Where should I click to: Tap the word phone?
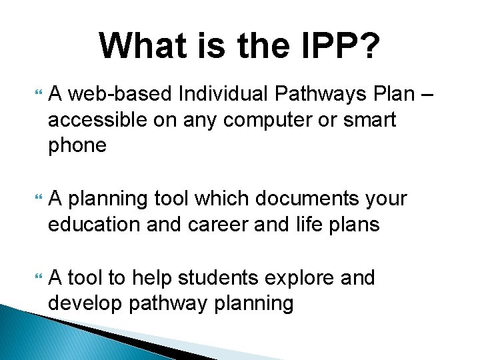(x=77, y=145)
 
